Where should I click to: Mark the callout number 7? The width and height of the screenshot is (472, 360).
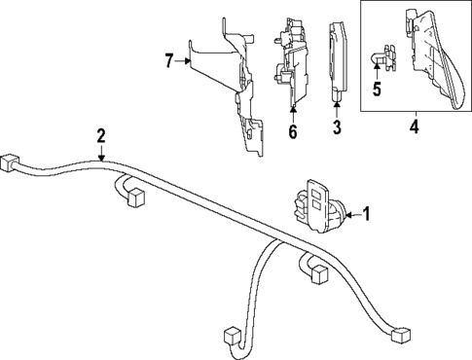click(169, 61)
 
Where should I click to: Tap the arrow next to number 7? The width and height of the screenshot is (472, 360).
click(185, 61)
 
